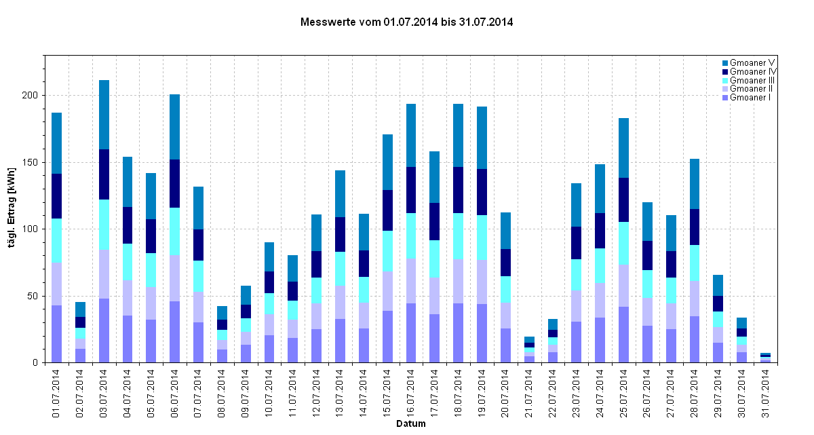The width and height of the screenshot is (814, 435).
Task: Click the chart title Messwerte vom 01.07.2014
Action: click(406, 22)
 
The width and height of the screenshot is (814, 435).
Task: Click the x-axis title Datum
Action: click(411, 425)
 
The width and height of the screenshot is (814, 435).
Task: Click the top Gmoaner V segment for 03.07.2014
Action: click(104, 115)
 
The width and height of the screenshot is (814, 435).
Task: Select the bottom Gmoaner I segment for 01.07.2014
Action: click(57, 334)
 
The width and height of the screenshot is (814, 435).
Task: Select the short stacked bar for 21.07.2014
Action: click(529, 349)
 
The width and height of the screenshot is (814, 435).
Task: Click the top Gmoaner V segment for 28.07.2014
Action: click(695, 184)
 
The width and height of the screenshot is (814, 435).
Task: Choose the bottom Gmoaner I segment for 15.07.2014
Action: click(387, 337)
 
